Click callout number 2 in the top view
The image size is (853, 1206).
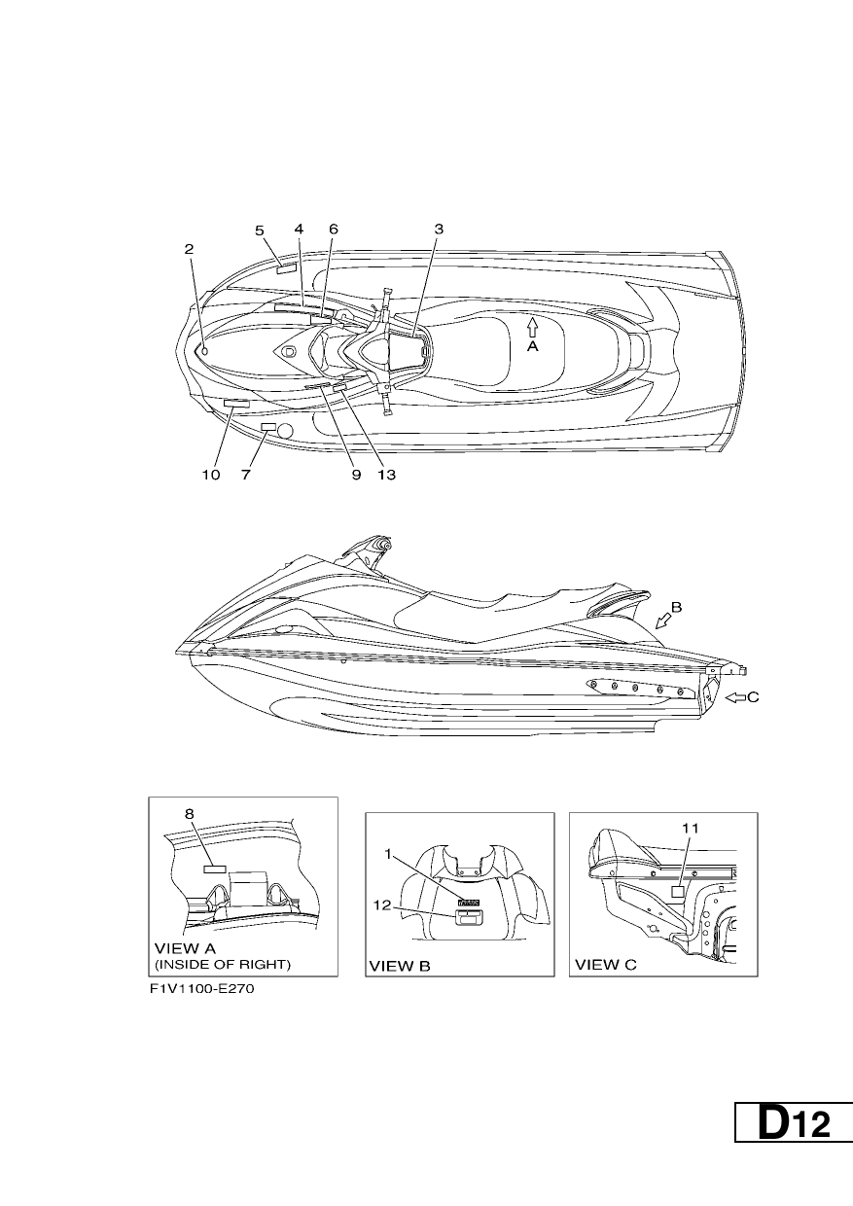pyautogui.click(x=189, y=249)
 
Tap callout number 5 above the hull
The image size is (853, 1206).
pyautogui.click(x=260, y=231)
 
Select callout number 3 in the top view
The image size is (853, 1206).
pyautogui.click(x=439, y=229)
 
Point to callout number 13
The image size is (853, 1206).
pyautogui.click(x=387, y=475)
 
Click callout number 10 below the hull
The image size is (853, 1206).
pyautogui.click(x=211, y=475)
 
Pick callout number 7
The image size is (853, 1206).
pyautogui.click(x=245, y=475)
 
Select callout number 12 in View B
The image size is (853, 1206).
pyautogui.click(x=382, y=905)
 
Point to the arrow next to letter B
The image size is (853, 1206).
pyautogui.click(x=663, y=621)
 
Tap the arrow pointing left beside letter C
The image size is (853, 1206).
pyautogui.click(x=735, y=697)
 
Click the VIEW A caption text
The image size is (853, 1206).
pyautogui.click(x=185, y=947)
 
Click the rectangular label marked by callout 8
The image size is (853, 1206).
pyautogui.click(x=214, y=869)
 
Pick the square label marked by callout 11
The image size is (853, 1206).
pyautogui.click(x=678, y=892)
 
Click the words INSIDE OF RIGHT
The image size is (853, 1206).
pyautogui.click(x=223, y=964)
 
